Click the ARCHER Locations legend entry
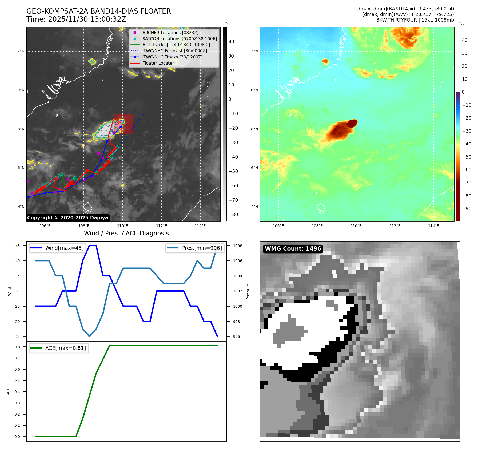pos(170,33)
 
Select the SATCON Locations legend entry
pos(179,39)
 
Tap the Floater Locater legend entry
pos(158,63)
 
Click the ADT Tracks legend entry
pos(176,45)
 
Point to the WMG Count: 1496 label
pos(293,249)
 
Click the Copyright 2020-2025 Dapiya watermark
pos(67,218)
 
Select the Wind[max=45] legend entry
pos(64,248)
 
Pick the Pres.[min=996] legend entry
pos(202,248)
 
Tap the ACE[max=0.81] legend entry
pos(65,348)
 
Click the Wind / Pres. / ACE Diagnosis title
pos(126,233)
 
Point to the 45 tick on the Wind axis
pos(18,246)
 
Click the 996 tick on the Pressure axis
pos(236,337)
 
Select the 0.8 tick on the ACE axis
pos(17,347)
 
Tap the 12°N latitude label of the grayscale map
pos(20,51)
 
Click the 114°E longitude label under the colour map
pos(433,226)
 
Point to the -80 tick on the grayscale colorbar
pos(233,215)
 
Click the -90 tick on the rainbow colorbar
pos(467,209)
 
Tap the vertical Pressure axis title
pos(248,291)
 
